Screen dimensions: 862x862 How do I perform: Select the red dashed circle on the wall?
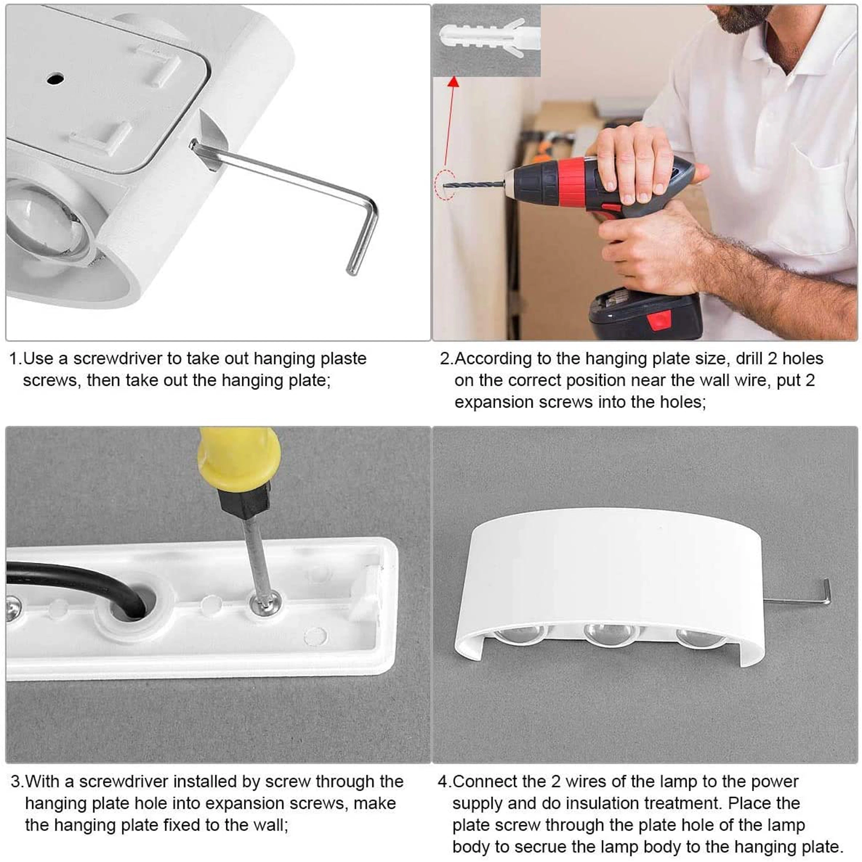click(x=444, y=185)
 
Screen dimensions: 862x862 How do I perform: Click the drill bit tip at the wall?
click(x=444, y=186)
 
